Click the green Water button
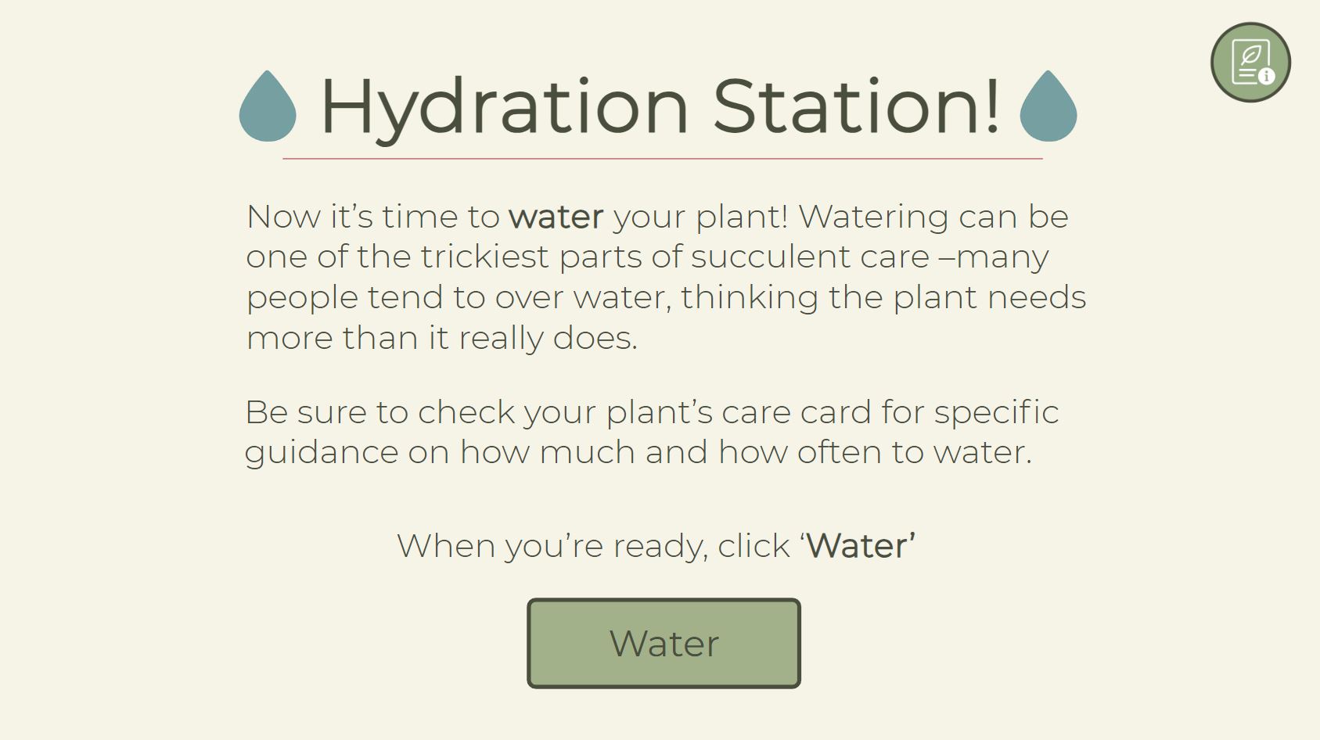(664, 643)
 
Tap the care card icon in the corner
(1250, 63)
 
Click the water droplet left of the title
(268, 106)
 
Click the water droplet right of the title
(1048, 106)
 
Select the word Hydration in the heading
(505, 109)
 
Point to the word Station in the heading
(848, 106)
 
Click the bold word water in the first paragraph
(556, 217)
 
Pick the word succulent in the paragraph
(771, 257)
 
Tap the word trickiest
(484, 257)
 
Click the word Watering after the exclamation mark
(873, 218)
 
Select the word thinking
(750, 297)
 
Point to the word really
(501, 339)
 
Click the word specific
(997, 413)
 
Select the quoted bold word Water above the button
(858, 545)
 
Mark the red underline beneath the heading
(663, 159)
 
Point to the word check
(466, 411)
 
